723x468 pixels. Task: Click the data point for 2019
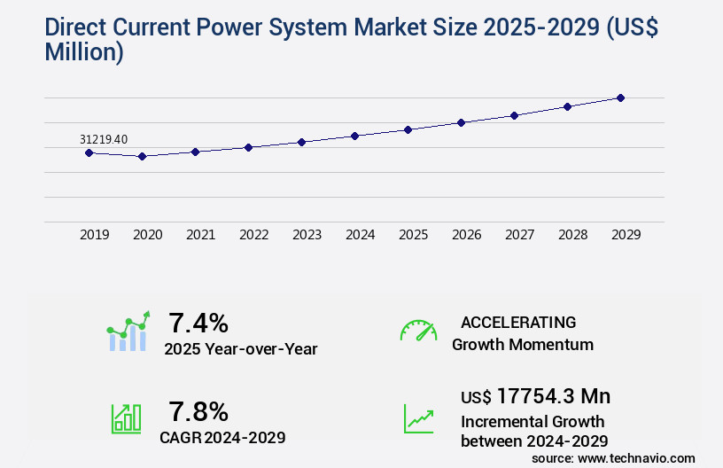click(x=89, y=152)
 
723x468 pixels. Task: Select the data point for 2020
click(x=142, y=156)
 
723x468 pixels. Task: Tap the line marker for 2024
click(x=354, y=136)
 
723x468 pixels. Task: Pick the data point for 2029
click(x=620, y=97)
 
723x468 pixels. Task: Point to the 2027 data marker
click(x=514, y=115)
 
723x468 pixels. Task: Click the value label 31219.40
click(x=104, y=139)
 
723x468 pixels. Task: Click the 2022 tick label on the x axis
click(x=253, y=235)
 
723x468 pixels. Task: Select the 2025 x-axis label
click(x=413, y=235)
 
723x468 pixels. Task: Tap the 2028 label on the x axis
click(x=572, y=235)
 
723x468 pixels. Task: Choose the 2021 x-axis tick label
click(x=200, y=235)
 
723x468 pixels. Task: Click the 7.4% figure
click(x=198, y=322)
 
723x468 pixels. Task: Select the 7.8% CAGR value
click(x=198, y=411)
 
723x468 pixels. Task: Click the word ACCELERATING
click(x=518, y=323)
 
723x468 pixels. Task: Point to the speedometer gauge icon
click(x=418, y=331)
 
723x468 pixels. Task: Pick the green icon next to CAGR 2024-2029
click(x=126, y=418)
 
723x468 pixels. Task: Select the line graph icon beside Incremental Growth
click(x=418, y=418)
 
